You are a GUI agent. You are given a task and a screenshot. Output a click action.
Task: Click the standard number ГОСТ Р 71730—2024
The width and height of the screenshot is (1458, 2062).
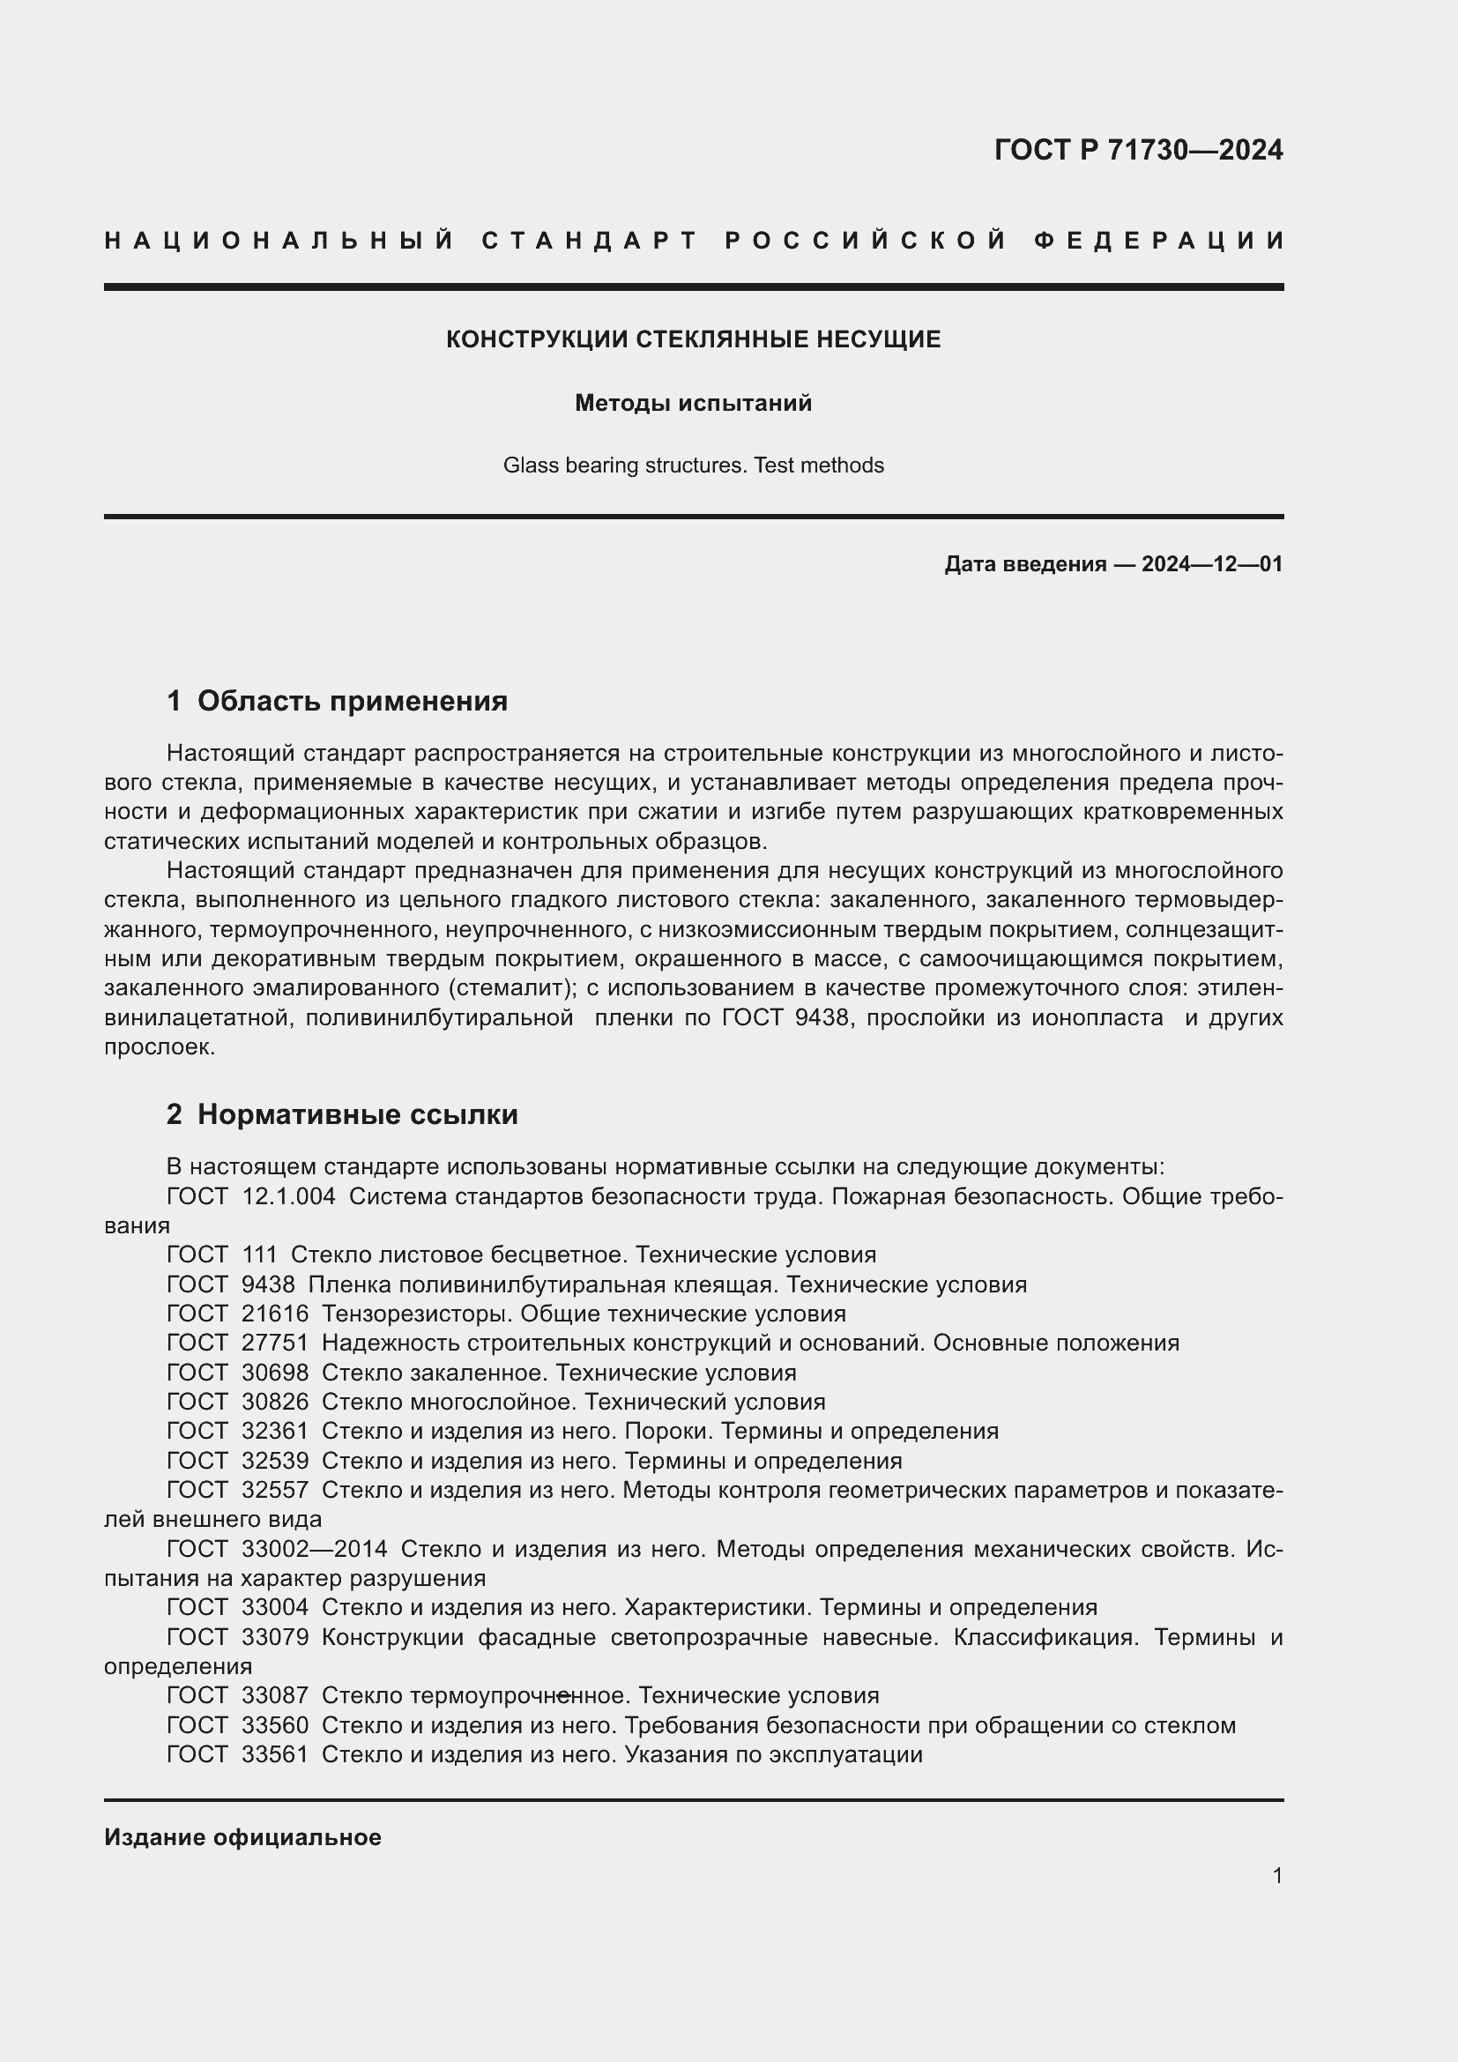[1137, 150]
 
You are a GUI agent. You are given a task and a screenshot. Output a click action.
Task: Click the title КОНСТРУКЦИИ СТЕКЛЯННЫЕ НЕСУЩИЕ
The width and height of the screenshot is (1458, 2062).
[693, 339]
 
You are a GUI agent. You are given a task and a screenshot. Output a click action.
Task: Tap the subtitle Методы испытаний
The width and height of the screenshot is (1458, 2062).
[693, 403]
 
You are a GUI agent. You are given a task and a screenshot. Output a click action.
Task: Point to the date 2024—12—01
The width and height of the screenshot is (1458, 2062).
[1211, 564]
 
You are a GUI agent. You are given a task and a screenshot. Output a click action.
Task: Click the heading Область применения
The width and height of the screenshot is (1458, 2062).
[352, 702]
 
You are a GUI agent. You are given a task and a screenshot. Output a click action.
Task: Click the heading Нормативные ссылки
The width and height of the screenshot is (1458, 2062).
[357, 1114]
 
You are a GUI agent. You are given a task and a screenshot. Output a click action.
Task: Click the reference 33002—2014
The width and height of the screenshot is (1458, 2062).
[314, 1549]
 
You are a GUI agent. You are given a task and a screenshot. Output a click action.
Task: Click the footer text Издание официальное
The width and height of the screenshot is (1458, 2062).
[242, 1837]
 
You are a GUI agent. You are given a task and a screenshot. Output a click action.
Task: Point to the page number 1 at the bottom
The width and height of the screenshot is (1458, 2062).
[1277, 1876]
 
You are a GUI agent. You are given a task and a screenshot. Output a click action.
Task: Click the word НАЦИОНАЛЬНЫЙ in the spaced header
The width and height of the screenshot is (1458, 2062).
[279, 241]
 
